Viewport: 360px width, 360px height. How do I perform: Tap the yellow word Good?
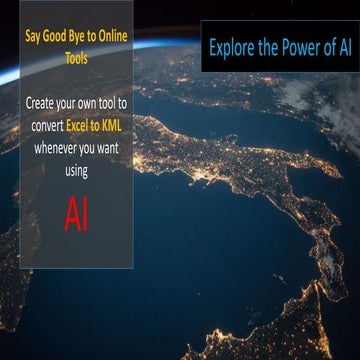tap(57, 42)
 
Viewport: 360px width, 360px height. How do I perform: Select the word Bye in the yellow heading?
tap(81, 42)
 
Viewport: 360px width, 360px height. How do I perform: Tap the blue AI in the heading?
tap(341, 47)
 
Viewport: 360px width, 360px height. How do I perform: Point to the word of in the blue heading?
tap(323, 47)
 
